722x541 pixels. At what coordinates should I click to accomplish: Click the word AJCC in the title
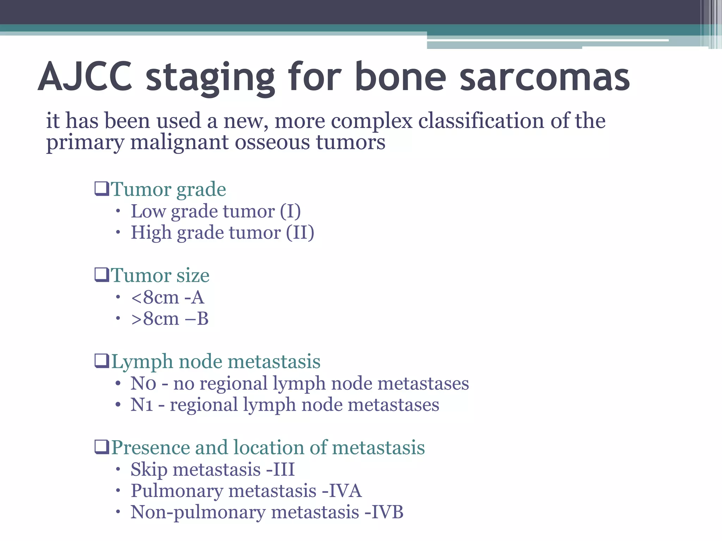(85, 77)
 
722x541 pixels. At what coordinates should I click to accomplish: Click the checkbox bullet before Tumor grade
(102, 189)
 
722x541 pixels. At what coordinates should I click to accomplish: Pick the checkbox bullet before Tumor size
(102, 275)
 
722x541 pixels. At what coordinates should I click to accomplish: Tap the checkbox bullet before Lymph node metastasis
(102, 361)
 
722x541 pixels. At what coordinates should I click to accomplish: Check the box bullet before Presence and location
(102, 447)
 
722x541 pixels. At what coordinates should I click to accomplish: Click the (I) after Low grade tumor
(290, 211)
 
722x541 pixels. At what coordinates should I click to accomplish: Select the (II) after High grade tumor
(300, 233)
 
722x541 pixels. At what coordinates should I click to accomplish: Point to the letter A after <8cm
(197, 298)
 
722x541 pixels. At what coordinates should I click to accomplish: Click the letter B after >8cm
(202, 319)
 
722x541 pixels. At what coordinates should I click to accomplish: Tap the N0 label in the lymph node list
(143, 384)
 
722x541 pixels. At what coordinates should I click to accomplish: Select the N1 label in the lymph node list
(142, 405)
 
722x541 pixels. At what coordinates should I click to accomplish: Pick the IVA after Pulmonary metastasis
(345, 491)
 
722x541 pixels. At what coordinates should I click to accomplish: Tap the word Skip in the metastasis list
(149, 470)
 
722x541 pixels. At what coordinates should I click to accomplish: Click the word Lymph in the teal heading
(142, 362)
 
